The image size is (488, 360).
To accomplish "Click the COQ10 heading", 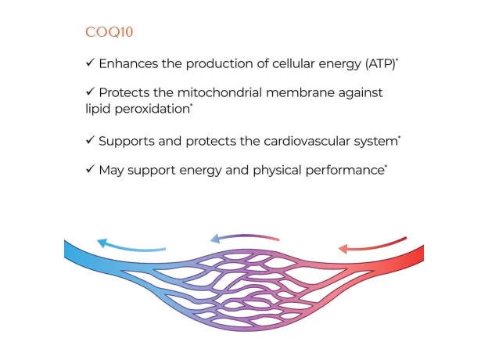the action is [109, 32].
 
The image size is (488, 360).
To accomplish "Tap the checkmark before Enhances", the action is [90, 63].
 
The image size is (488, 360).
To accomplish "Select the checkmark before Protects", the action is [90, 92].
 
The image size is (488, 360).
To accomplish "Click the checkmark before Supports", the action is [90, 140].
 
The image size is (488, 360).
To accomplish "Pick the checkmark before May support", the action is [90, 169].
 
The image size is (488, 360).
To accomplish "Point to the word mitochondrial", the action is [220, 92].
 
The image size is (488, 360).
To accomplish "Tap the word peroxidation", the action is [152, 109].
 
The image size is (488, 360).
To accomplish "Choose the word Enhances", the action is [128, 63].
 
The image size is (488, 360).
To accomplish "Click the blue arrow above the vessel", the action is [131, 246].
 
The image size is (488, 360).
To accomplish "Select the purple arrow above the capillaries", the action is [245, 237].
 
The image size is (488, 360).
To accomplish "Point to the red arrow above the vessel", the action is [372, 246].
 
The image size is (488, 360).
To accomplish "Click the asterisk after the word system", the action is [400, 137].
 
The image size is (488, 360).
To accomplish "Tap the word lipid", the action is [99, 109].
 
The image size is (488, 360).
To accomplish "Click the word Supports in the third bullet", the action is [127, 142].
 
